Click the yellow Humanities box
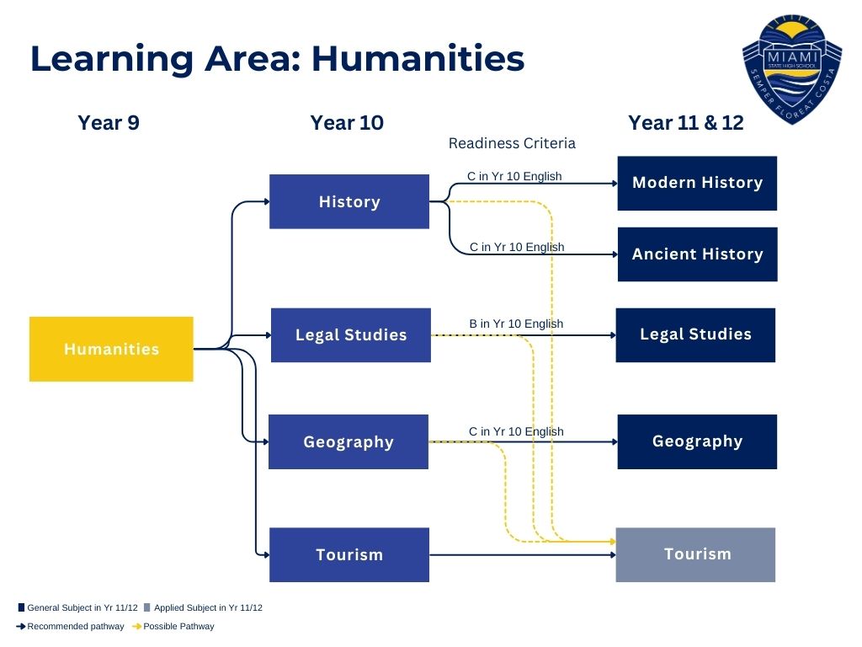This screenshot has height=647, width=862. point(111,349)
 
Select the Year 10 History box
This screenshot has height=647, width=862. point(349,201)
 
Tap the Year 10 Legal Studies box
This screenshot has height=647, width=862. point(351,335)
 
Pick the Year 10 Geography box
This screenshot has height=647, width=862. point(349,441)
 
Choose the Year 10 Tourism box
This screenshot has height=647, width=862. point(349,554)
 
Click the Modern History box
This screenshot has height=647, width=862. point(697,183)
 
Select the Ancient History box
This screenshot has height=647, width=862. point(698,254)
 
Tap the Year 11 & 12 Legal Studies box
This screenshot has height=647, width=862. point(695,335)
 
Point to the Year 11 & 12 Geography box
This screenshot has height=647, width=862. point(697,441)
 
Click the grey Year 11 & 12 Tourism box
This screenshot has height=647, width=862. point(695,554)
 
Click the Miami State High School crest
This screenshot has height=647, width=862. point(792,69)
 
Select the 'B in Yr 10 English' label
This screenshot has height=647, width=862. point(516,323)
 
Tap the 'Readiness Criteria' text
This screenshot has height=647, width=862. point(512,143)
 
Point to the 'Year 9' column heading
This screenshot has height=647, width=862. point(109,123)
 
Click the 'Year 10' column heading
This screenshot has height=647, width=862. point(347,123)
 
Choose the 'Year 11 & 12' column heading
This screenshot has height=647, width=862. point(686,123)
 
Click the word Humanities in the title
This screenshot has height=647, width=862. point(418,58)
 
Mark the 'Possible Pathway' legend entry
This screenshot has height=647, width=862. point(173,626)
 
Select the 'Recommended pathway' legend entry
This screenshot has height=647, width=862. point(71,626)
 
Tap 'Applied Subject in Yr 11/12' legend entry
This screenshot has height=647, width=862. point(203,607)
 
